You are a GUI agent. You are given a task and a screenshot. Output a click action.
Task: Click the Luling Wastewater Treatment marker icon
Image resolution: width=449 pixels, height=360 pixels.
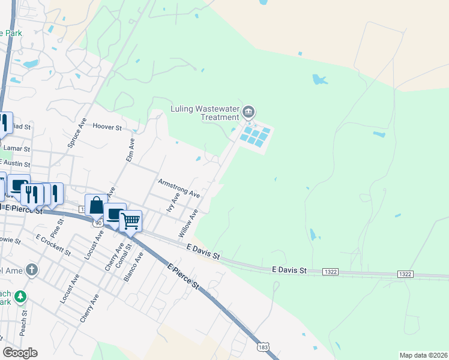[x=249, y=112]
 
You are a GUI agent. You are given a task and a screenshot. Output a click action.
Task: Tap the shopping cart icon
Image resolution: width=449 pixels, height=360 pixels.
[x=130, y=221]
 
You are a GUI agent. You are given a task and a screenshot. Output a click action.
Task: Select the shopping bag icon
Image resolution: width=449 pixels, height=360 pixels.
[x=96, y=206]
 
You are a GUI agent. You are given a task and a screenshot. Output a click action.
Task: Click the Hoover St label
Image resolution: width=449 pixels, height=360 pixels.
[x=107, y=127]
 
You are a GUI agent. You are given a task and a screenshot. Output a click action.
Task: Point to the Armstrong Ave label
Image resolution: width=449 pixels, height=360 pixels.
[x=178, y=187]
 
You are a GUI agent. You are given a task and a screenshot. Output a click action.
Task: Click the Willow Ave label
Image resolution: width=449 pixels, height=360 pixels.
[x=188, y=223]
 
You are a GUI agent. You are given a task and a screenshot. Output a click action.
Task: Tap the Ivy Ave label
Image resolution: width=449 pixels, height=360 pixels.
[x=173, y=203]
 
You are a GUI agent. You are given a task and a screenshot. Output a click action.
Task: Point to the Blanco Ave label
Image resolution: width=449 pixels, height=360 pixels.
[x=140, y=265]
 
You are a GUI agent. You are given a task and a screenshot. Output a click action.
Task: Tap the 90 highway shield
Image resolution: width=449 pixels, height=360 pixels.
[x=97, y=223]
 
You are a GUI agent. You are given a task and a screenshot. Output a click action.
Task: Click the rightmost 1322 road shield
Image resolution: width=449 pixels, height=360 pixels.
[x=405, y=274]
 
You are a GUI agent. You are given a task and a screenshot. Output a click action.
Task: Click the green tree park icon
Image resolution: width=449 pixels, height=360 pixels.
[x=20, y=296]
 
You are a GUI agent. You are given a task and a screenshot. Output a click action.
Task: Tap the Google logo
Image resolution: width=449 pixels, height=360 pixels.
[x=20, y=352]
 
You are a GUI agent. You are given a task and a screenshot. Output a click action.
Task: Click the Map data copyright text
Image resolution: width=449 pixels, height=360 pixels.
[x=423, y=355]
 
